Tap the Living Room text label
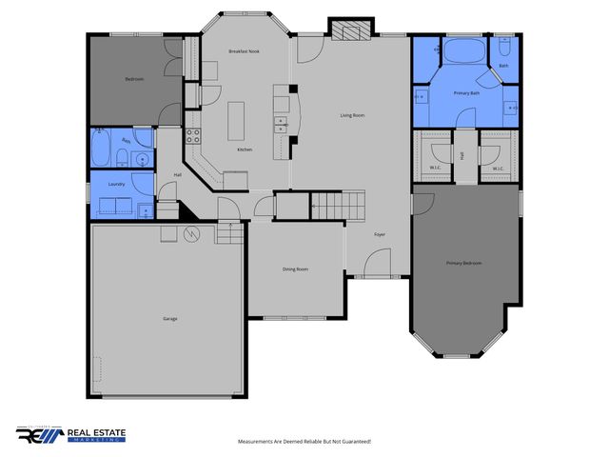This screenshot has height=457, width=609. (353, 116)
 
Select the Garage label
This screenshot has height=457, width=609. (168, 318)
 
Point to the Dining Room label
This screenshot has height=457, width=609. (295, 269)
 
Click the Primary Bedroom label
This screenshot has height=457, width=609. (465, 262)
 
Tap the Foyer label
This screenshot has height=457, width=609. (379, 233)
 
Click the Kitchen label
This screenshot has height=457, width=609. (245, 150)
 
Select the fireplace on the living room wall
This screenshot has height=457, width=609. (347, 30)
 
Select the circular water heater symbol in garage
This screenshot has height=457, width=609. (191, 234)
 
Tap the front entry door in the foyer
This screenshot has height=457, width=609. (379, 262)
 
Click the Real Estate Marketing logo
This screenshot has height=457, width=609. (71, 433)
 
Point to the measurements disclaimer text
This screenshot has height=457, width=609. (304, 442)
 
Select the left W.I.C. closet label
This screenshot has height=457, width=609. (434, 169)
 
